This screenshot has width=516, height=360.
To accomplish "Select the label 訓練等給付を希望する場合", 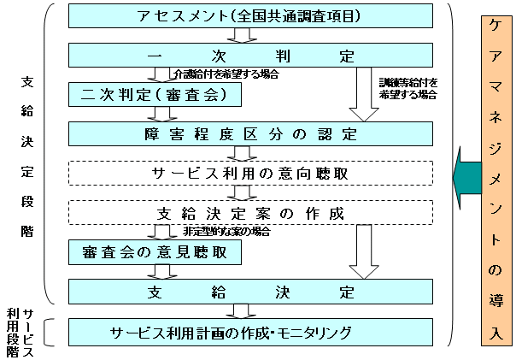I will click(408, 88).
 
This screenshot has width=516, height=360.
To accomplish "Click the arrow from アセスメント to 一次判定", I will click(243, 36).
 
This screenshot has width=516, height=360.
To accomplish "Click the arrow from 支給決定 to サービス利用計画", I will click(242, 311).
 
